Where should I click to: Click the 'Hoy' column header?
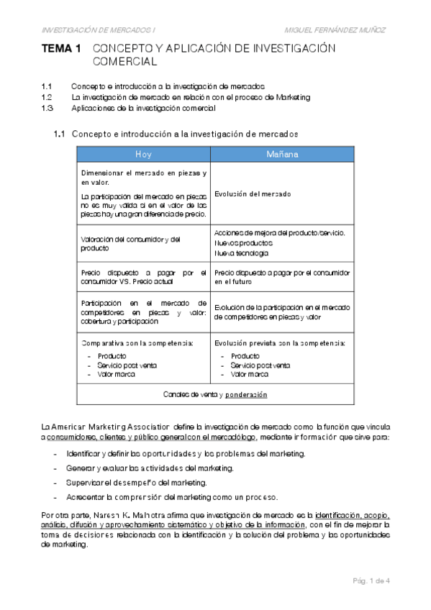[143, 154]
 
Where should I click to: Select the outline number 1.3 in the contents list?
[47, 108]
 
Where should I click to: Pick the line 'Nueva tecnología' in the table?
[241, 253]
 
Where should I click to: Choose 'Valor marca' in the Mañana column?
[250, 375]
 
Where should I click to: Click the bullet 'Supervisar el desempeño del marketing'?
[136, 482]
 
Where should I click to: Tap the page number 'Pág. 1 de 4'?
[370, 581]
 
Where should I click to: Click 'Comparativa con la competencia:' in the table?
[137, 342]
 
